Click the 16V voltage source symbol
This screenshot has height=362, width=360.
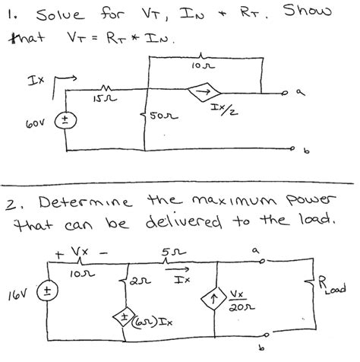[47, 291]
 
